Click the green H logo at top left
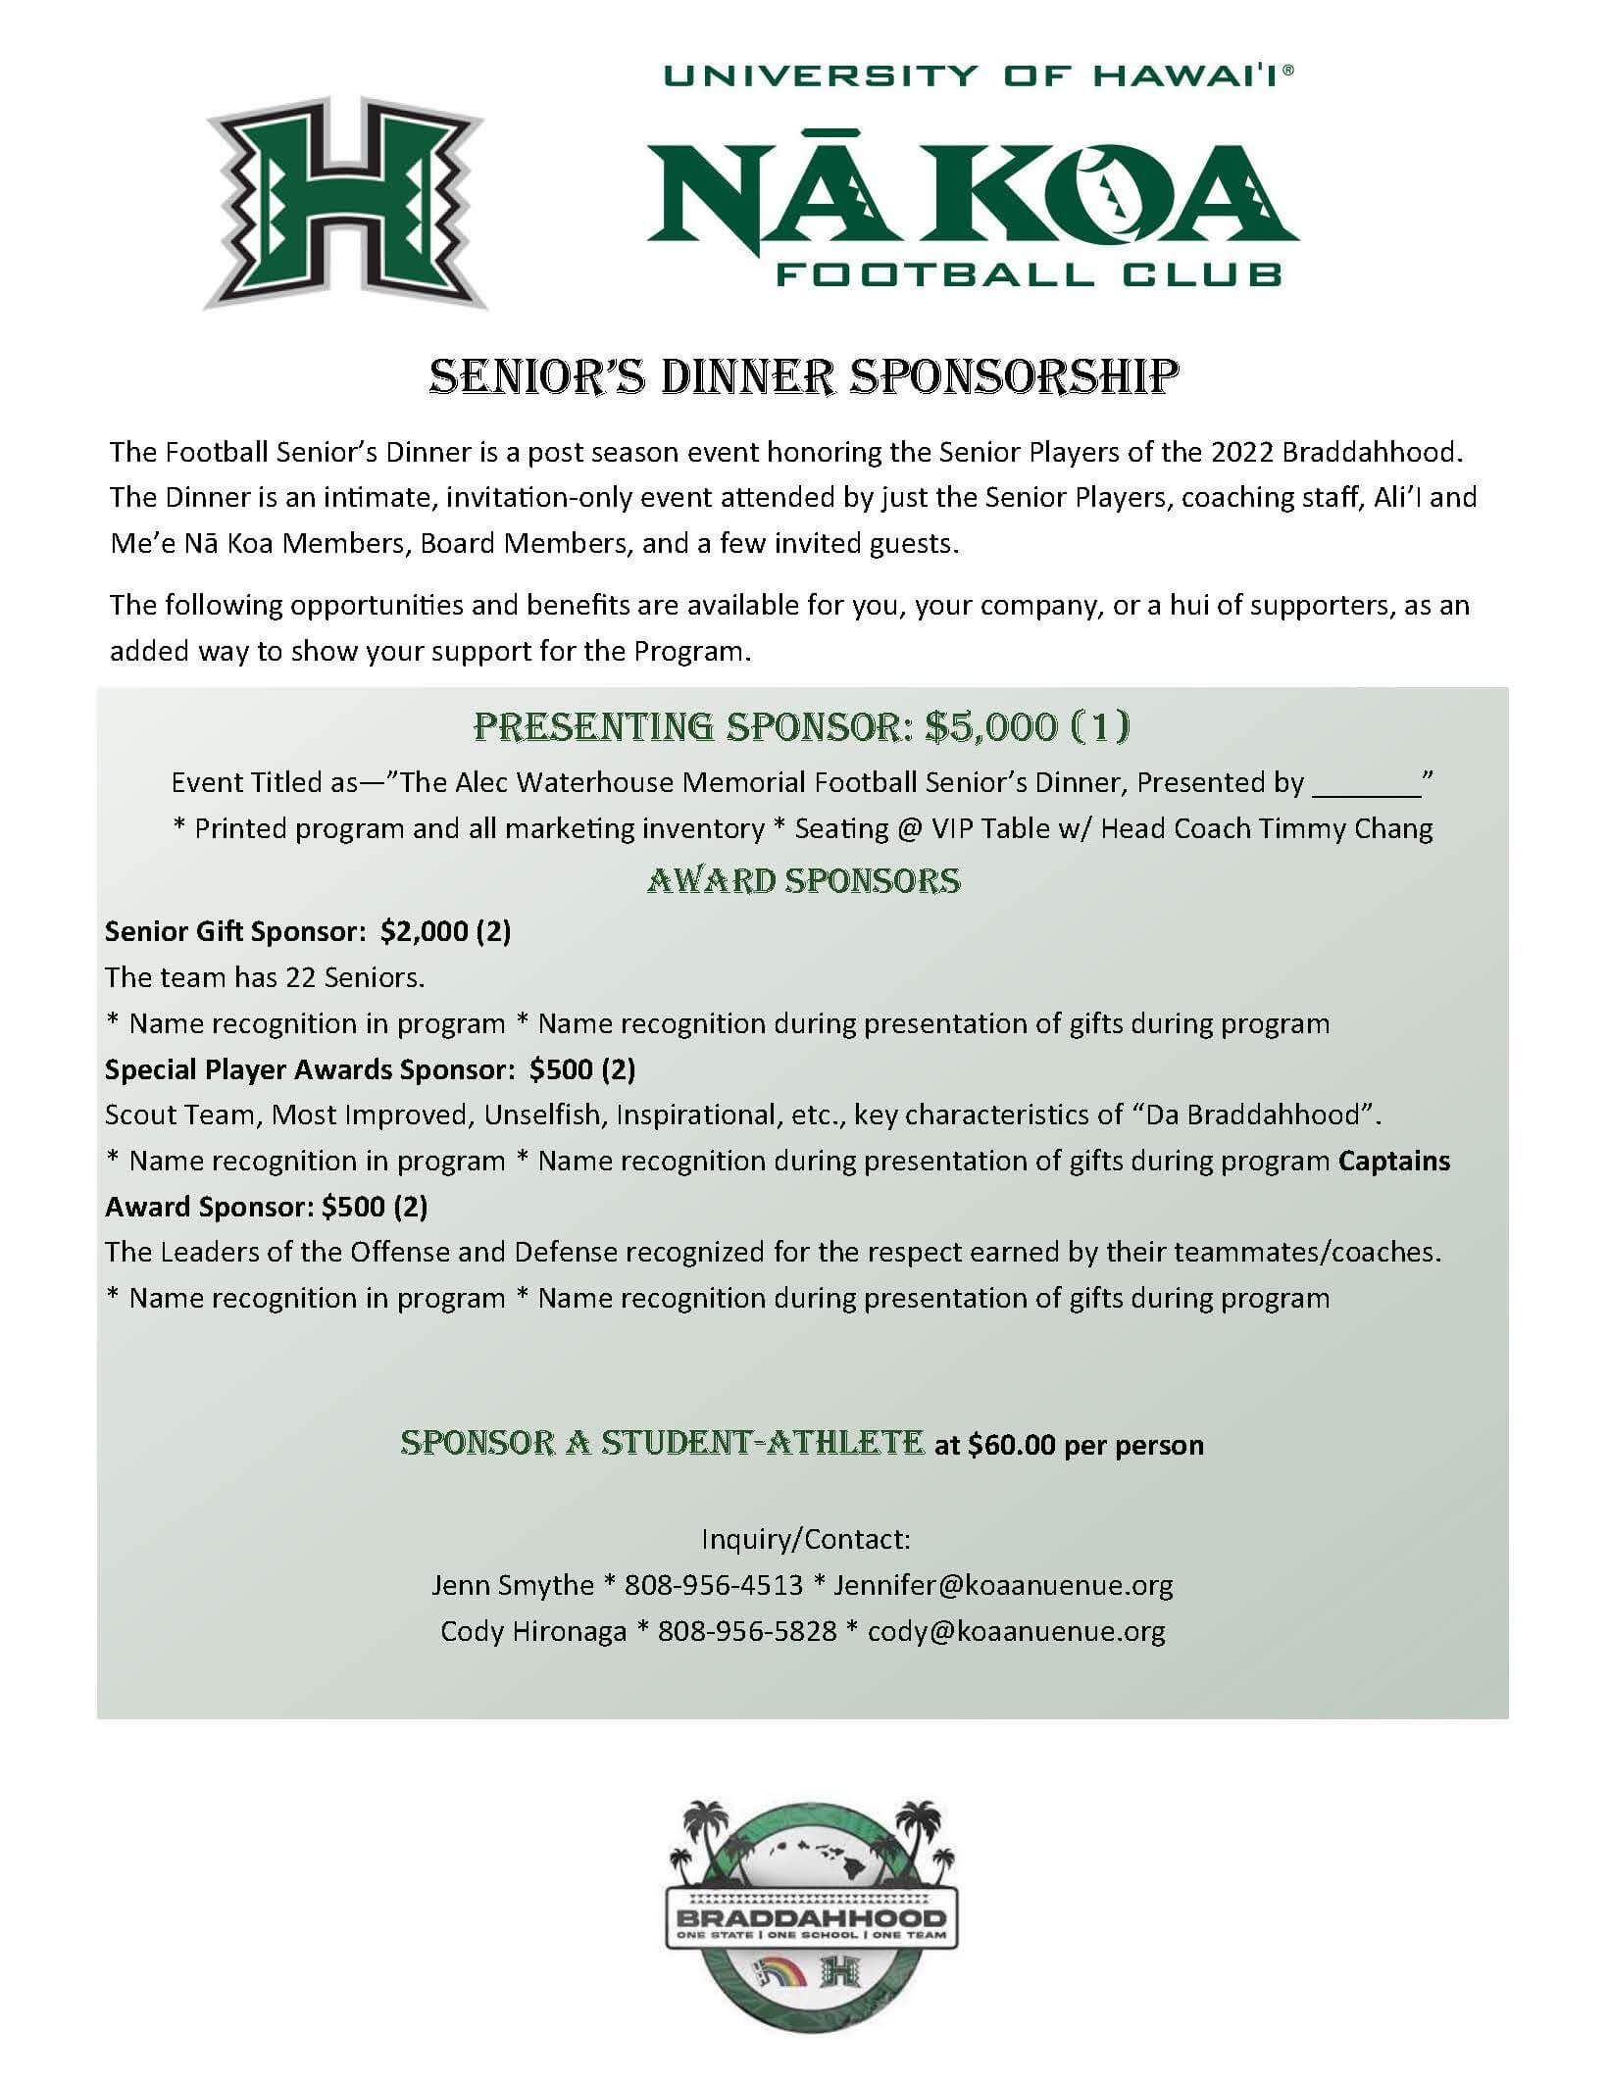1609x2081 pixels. point(345,203)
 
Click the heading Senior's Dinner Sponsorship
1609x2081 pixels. point(804,378)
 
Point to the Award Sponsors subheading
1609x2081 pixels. point(804,880)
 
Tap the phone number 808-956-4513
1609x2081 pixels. point(713,1584)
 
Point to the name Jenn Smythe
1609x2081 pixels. point(513,1584)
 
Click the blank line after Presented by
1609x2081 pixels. point(1366,784)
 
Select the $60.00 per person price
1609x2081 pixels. point(1085,1445)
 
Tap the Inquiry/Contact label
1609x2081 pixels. point(806,1538)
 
